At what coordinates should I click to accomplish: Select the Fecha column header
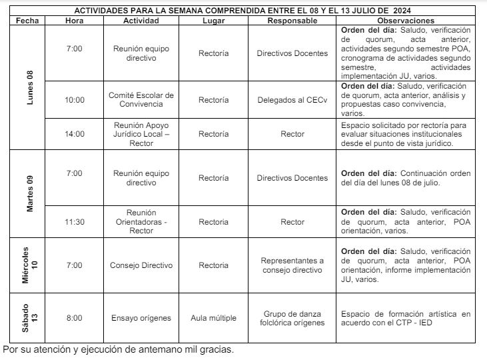pos(27,21)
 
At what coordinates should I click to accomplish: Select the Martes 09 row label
pos(29,193)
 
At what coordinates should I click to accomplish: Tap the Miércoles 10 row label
pos(29,266)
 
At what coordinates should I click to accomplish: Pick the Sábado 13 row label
pos(29,317)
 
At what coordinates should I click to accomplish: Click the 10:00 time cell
pos(75,100)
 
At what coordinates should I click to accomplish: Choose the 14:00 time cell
pos(75,134)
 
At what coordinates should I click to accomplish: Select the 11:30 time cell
pos(75,222)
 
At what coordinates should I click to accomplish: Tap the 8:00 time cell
pos(75,318)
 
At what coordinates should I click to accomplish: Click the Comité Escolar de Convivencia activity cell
pos(141,100)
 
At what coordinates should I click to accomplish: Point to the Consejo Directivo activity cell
pos(141,265)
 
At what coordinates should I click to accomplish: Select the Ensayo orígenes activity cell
pos(141,318)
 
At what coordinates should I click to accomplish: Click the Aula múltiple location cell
pos(213,318)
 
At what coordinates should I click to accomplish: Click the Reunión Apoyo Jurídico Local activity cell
pos(141,134)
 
